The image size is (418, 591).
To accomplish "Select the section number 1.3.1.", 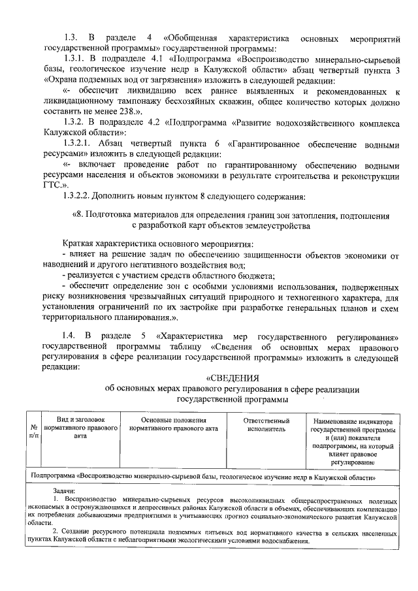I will pyautogui.click(x=76, y=58).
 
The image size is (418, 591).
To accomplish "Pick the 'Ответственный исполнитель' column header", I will pyautogui.click(x=266, y=425).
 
